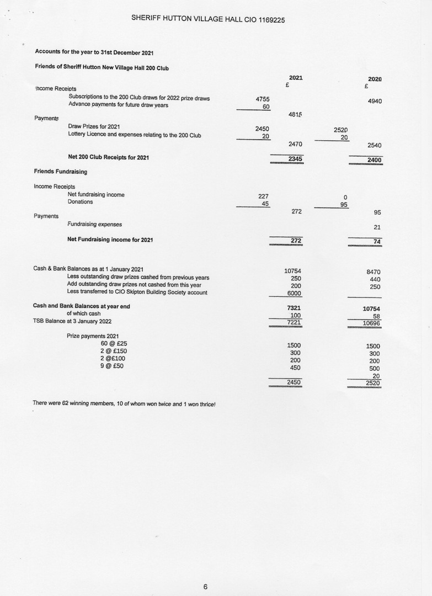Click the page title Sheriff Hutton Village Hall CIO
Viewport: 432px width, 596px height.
(208, 18)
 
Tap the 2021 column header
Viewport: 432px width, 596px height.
(296, 78)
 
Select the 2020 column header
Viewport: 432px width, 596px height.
(375, 79)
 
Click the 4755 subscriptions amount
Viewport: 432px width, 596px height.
(263, 99)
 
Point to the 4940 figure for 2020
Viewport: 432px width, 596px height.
(374, 101)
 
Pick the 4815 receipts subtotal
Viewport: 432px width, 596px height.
(296, 114)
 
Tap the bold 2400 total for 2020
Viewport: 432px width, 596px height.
(374, 160)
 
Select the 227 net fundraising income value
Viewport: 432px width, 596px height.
(263, 195)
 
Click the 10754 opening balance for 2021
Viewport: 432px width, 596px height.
(292, 271)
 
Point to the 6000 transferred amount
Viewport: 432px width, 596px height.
(295, 293)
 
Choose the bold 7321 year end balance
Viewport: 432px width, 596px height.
(294, 307)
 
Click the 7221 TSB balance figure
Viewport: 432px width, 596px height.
(295, 322)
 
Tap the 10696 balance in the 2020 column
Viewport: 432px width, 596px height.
(372, 323)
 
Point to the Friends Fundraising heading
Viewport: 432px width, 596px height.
(60, 172)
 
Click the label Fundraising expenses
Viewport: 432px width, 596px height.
(94, 224)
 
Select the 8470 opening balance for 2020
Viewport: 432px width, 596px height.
(374, 272)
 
